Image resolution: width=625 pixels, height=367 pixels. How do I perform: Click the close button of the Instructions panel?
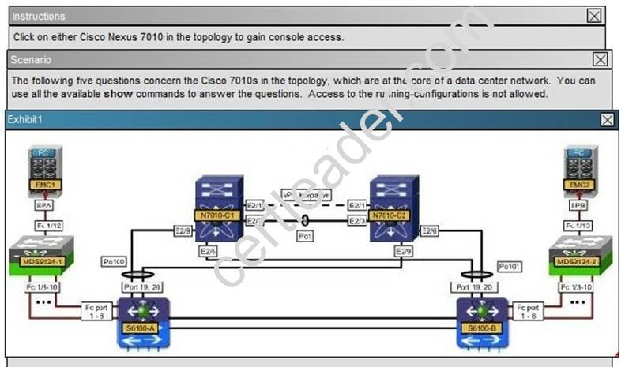(x=594, y=15)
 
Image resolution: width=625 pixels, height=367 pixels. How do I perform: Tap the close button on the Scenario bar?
(x=601, y=59)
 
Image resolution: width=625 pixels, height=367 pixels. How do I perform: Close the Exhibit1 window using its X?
(x=607, y=119)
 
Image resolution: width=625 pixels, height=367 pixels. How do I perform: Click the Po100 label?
(x=113, y=260)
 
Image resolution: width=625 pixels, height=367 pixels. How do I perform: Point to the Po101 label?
(x=509, y=267)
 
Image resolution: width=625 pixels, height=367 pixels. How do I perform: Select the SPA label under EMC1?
(x=43, y=204)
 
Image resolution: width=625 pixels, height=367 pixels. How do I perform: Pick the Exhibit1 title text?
(x=24, y=119)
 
